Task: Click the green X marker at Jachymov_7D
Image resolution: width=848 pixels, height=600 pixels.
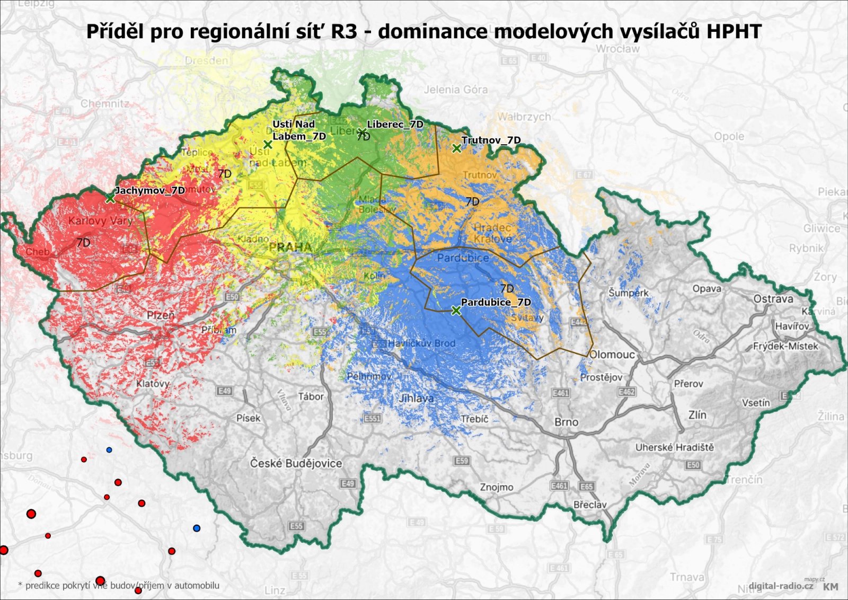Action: point(110,198)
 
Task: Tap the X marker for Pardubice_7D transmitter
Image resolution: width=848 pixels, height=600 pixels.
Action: point(456,311)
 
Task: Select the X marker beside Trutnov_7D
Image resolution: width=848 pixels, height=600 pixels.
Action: point(456,148)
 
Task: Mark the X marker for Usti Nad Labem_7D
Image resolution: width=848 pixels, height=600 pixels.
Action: point(268,144)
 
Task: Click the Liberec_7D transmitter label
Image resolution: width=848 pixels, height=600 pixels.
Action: point(395,124)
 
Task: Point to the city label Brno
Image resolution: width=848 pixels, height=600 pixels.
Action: point(566,422)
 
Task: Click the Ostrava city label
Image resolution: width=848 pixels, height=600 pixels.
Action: point(773,299)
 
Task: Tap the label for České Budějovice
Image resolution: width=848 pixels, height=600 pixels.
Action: point(296,463)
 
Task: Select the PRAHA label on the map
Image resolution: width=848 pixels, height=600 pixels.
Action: point(290,247)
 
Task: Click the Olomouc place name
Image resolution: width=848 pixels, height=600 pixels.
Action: point(612,354)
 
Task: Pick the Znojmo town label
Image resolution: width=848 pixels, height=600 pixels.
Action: point(497,487)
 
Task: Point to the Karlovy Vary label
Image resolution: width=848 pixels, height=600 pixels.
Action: point(100,220)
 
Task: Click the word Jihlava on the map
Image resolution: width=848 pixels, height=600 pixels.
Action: point(416,398)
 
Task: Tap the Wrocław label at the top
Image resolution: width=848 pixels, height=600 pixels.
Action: point(617,49)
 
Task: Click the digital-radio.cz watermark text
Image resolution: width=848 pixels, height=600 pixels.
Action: point(781,586)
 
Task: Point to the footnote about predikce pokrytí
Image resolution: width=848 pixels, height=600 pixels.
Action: point(119,586)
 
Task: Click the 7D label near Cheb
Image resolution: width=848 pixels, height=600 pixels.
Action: point(83,242)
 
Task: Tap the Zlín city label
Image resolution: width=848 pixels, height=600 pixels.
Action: point(697,415)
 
